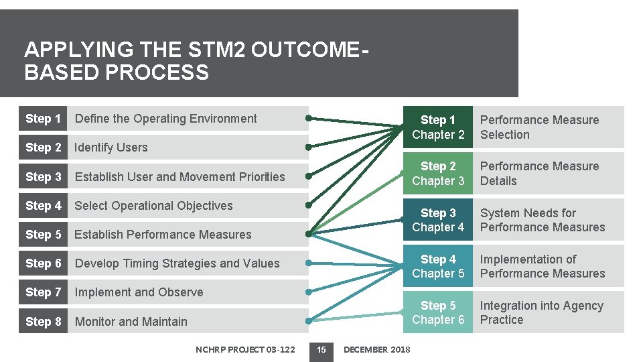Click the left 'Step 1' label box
(x=43, y=119)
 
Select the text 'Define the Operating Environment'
(x=165, y=119)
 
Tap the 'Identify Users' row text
(x=111, y=147)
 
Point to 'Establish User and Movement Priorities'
(x=180, y=177)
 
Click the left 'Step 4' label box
(x=43, y=206)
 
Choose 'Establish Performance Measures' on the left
(x=163, y=235)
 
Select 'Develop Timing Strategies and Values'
(x=177, y=263)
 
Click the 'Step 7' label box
(x=43, y=292)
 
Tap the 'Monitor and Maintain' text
(x=131, y=322)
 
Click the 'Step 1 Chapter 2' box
(x=437, y=127)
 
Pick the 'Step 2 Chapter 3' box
(x=437, y=174)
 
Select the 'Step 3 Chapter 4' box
(x=437, y=221)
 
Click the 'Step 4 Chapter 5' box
(x=437, y=266)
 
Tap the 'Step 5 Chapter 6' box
(x=437, y=312)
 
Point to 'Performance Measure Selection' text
(x=539, y=127)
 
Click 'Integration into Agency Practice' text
(x=541, y=312)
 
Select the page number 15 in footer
(x=321, y=349)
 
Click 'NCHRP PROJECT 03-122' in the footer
(x=245, y=349)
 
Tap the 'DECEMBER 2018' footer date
(x=376, y=349)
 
